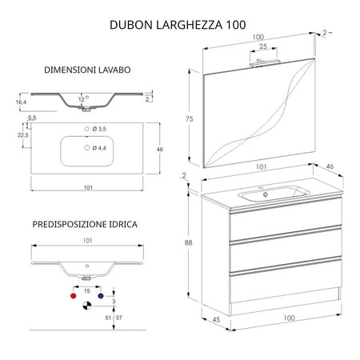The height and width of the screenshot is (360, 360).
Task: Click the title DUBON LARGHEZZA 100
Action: [180, 25]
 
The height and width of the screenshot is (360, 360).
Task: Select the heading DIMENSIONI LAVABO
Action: [87, 70]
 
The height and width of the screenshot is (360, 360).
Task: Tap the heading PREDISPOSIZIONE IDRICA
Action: [84, 225]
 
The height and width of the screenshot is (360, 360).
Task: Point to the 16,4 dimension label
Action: [21, 102]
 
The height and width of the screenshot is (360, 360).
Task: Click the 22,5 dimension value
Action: [23, 135]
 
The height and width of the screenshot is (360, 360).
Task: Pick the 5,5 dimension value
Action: [32, 118]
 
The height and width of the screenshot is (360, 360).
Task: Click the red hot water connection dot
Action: [75, 295]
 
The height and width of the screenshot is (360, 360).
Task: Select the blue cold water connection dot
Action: [100, 295]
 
